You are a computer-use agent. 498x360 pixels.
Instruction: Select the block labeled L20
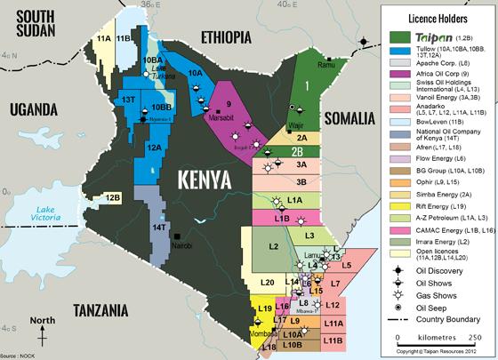click(x=266, y=282)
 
